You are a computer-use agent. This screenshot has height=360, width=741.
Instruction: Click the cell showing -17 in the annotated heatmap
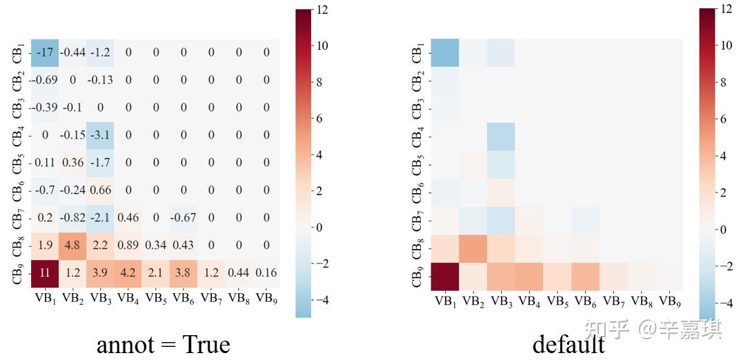point(45,52)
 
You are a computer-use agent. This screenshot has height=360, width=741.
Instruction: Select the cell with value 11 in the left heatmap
point(45,273)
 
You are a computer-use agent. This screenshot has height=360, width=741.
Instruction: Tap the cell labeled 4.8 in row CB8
point(72,246)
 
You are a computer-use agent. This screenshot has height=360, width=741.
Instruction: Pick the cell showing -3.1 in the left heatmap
point(100,135)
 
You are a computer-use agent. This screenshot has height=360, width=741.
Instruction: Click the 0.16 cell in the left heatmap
point(266,273)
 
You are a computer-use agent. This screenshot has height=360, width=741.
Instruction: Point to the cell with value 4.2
point(128,273)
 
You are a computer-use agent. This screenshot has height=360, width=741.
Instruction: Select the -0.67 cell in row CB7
point(184,218)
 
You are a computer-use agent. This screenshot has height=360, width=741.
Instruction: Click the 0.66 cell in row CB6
point(100,190)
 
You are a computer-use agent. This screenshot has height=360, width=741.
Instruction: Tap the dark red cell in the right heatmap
point(445,276)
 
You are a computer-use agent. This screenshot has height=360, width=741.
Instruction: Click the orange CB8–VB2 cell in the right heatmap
point(473,248)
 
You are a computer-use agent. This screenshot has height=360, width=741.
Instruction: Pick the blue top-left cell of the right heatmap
point(445,53)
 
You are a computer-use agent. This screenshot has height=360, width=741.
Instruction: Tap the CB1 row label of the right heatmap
point(417,53)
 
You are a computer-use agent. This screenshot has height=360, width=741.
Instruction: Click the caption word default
point(569,342)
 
